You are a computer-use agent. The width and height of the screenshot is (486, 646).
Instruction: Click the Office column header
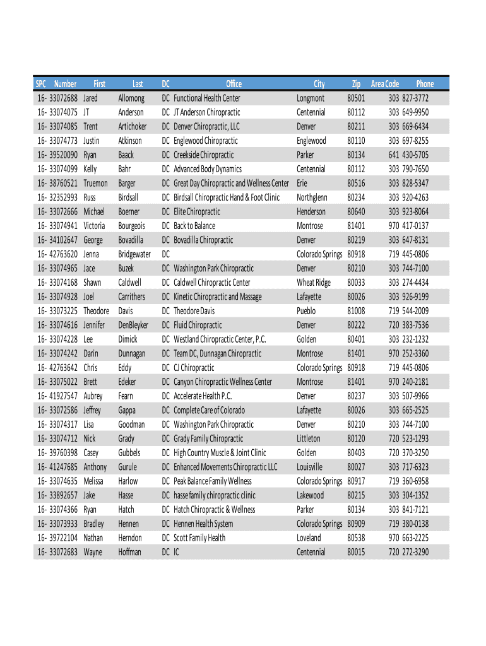pos(234,84)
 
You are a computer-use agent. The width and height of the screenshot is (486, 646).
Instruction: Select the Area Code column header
pos(384,84)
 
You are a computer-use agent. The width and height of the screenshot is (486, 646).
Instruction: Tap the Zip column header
pos(356,84)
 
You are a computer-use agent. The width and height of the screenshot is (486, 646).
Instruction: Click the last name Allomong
pos(131,98)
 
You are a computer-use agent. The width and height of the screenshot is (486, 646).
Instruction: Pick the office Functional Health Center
pos(207,98)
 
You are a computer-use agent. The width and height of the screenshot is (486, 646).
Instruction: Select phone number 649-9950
pos(415,112)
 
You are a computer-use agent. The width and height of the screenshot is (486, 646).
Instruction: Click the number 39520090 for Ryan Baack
pos(62,155)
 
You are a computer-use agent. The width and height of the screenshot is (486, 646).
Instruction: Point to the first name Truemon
pos(96,184)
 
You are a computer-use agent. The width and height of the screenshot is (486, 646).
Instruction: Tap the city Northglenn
pos(312,197)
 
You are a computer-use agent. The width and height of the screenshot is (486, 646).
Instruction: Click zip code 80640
pos(356,212)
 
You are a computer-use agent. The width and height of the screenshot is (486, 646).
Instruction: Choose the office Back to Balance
pos(194,226)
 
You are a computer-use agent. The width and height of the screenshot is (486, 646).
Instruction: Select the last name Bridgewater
pos(134,254)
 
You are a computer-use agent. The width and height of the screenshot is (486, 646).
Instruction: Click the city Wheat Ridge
pos(314,283)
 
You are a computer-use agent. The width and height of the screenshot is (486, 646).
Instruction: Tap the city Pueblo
pos(307,311)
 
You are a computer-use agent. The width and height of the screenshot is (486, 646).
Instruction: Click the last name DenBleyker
pos(133,326)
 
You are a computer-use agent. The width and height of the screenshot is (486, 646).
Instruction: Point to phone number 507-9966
pos(415,396)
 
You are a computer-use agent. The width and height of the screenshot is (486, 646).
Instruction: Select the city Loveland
pos(309,538)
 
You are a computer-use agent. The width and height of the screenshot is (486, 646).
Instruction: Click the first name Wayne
pos(93,553)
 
